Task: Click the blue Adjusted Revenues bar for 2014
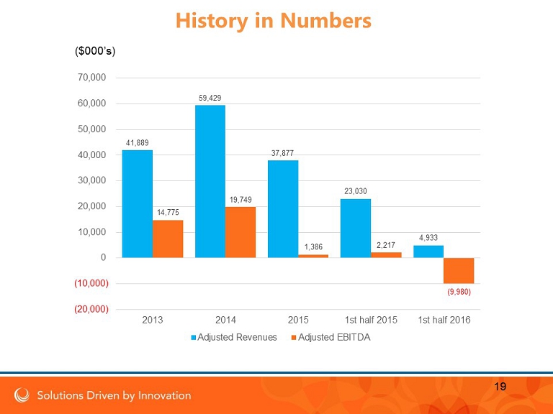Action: point(210,181)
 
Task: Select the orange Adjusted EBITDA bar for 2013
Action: point(168,239)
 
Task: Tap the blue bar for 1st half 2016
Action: point(428,252)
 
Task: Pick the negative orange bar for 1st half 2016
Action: point(459,270)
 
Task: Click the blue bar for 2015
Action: point(283,208)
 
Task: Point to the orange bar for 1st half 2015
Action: point(386,254)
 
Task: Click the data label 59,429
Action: point(210,98)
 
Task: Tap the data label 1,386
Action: point(313,247)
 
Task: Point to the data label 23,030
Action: point(355,191)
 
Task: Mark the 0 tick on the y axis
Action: point(104,257)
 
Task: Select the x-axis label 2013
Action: point(153,320)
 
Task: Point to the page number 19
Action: point(500,387)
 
